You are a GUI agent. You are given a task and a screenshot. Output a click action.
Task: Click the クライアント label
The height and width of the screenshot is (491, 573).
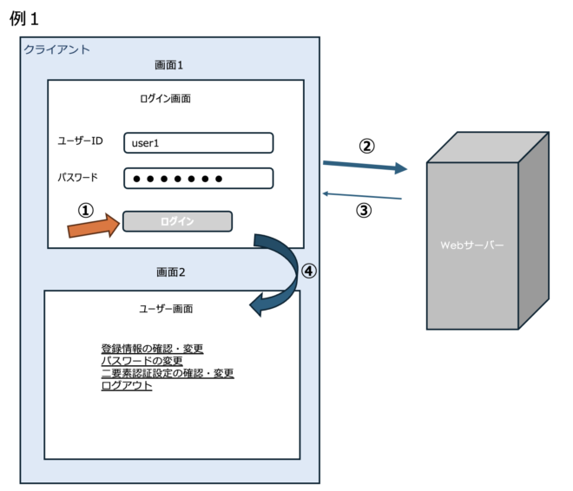pos(56,50)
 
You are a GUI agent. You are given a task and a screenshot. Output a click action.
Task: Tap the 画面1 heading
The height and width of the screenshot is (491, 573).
pos(169,66)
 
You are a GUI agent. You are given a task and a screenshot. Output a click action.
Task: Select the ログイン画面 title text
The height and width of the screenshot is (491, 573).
pos(165,99)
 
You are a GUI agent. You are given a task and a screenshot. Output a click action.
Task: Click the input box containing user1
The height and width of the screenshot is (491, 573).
pos(198,142)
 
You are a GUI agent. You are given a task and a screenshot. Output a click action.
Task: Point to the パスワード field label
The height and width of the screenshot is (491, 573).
pos(77,178)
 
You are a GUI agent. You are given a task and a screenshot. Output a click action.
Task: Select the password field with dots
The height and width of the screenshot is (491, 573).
pos(198,179)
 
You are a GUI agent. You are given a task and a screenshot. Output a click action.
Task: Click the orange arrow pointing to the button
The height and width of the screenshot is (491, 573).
pos(92,228)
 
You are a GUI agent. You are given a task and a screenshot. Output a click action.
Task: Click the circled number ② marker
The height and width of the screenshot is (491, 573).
pos(366,146)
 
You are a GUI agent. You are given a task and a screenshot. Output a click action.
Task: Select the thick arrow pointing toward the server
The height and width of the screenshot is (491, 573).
pos(365,167)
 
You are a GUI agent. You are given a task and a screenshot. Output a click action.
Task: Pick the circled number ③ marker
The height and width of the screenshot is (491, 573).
pos(365,210)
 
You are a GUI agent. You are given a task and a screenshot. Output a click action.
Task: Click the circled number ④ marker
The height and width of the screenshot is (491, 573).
pos(309,271)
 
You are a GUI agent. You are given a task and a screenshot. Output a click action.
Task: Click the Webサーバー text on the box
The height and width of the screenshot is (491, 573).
pos(471,245)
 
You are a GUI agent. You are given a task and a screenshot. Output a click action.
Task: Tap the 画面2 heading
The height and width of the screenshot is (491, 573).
pos(169,272)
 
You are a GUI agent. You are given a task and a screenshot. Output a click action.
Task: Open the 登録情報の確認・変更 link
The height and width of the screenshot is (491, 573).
pos(152,349)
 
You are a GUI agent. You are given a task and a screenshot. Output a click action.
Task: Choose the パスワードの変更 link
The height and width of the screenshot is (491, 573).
pos(142,361)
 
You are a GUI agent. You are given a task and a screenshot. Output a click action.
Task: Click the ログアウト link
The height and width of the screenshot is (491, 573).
pos(127,385)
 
